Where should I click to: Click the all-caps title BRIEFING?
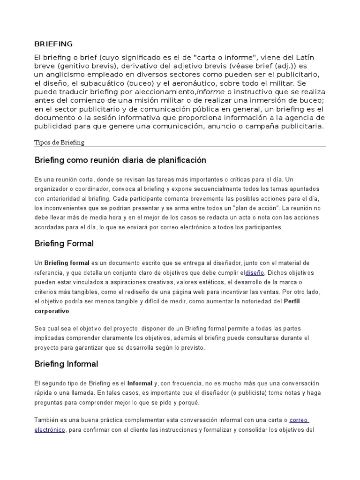pyautogui.click(x=53, y=44)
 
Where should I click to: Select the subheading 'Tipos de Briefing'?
pyautogui.click(x=60, y=142)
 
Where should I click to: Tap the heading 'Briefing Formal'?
pyautogui.click(x=64, y=244)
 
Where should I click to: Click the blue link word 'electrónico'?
pyautogui.click(x=50, y=430)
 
